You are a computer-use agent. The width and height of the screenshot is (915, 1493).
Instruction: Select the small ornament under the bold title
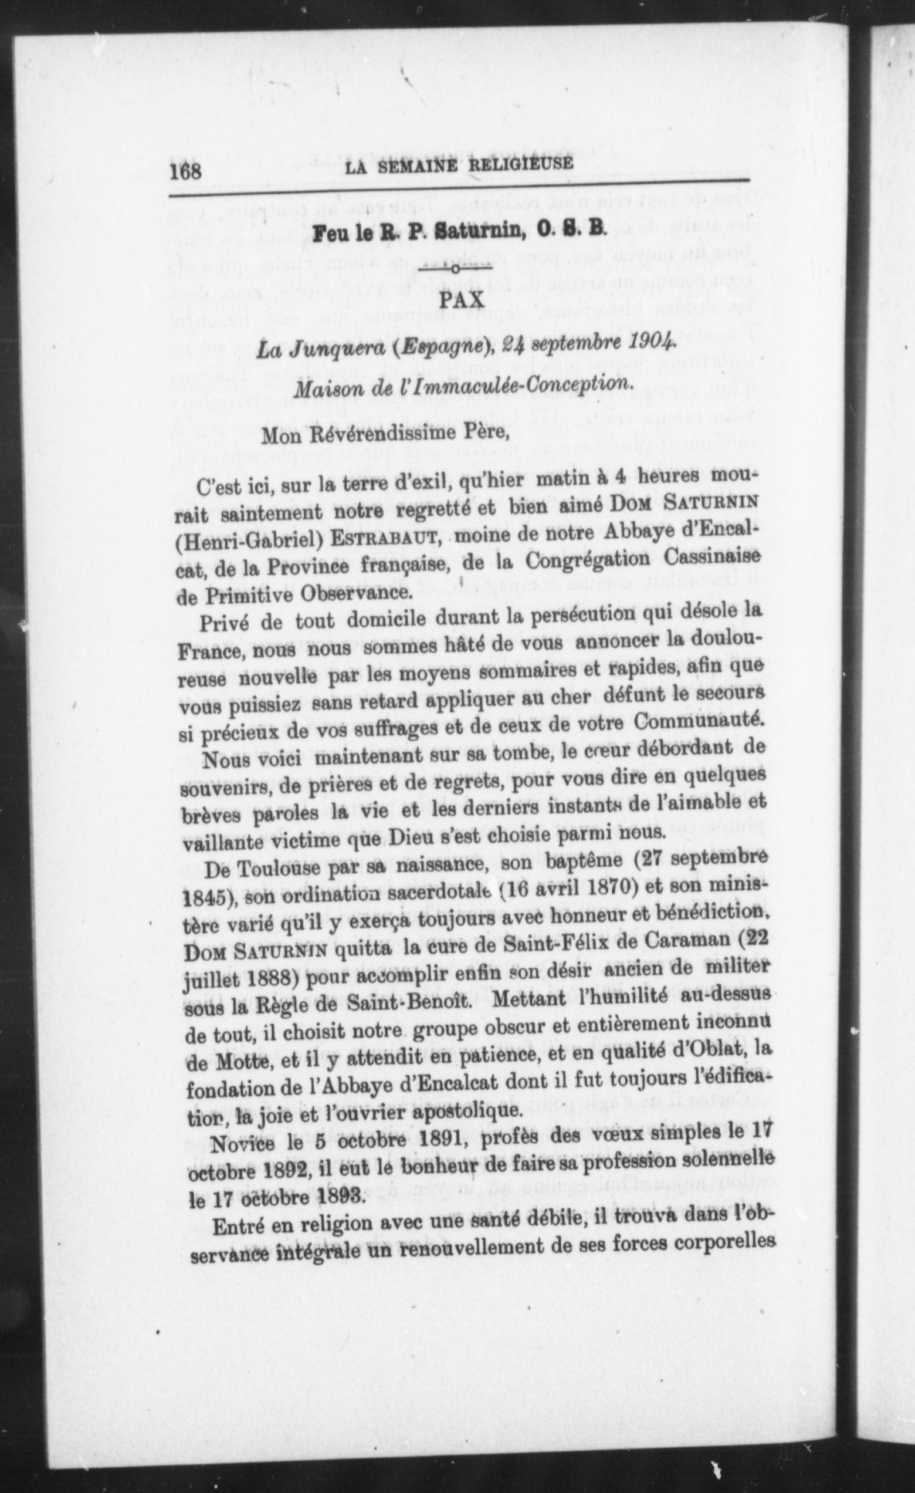tap(461, 266)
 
